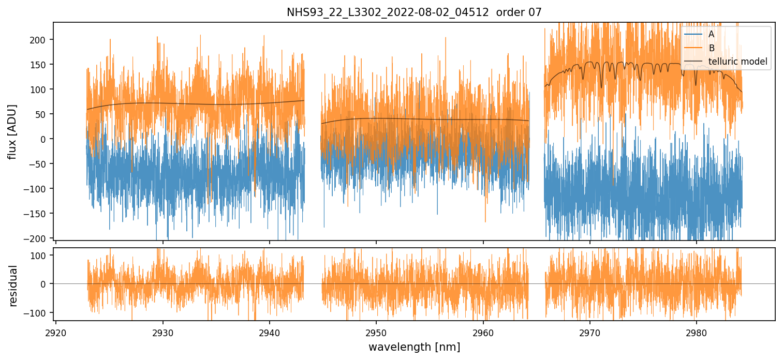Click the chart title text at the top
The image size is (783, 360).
tap(414, 12)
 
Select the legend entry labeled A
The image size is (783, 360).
tap(711, 34)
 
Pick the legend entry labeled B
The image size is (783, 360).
tap(711, 48)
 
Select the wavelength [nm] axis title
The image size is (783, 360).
tap(414, 347)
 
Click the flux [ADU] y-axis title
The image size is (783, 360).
tap(11, 131)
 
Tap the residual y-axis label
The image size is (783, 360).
tap(13, 285)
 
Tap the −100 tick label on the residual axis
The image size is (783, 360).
tap(38, 313)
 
